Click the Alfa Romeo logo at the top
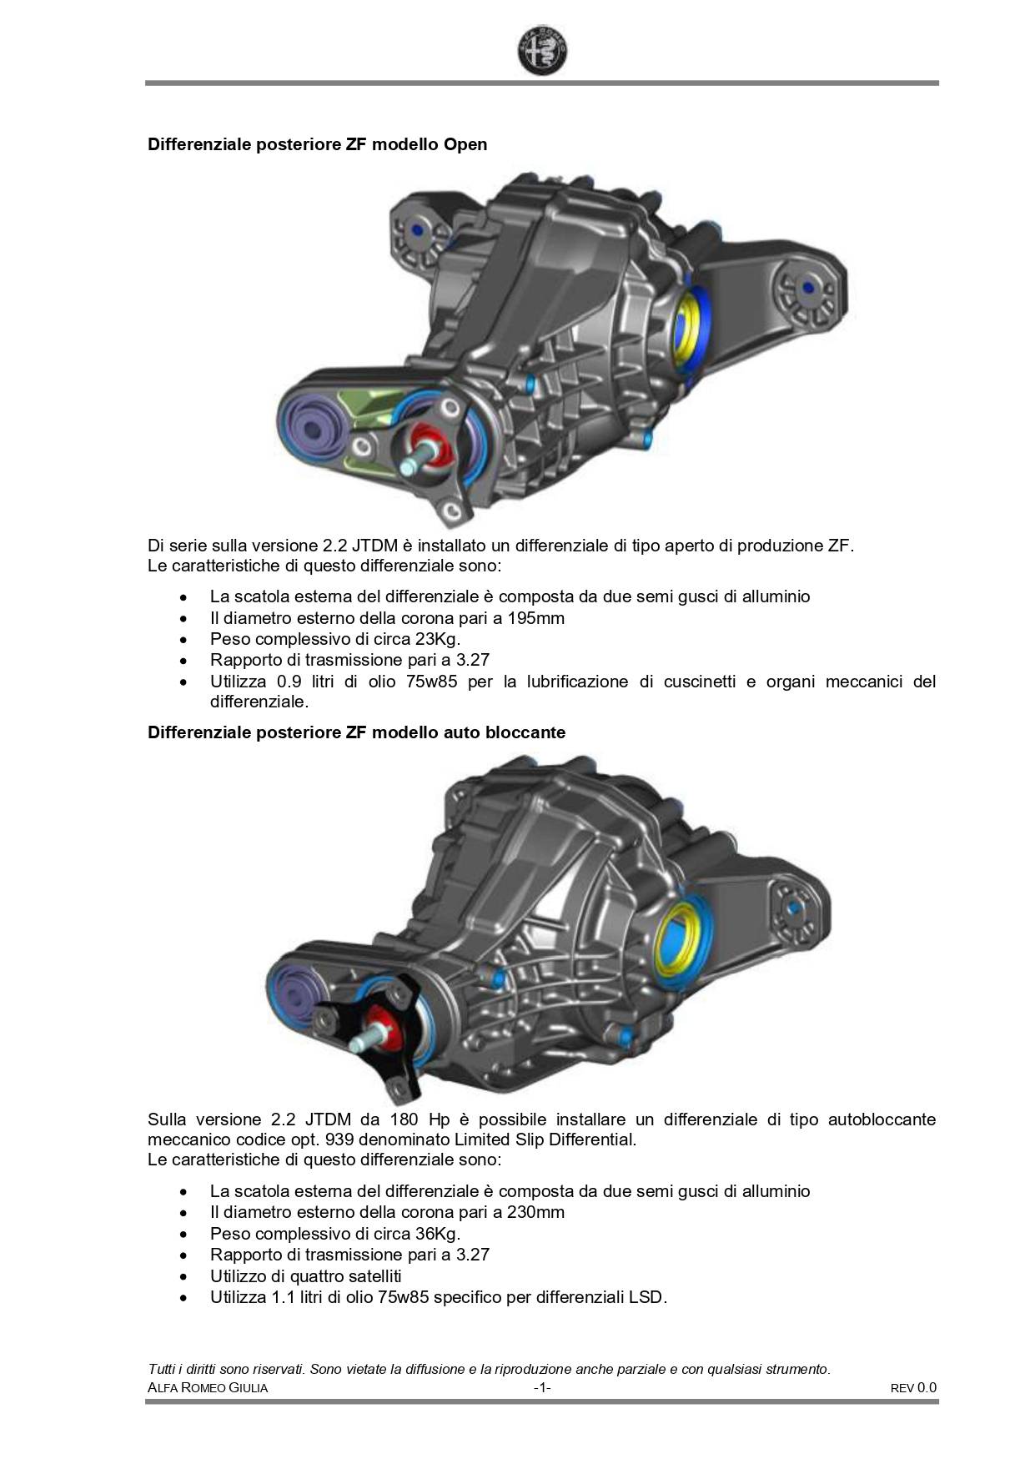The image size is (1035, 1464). pyautogui.click(x=542, y=51)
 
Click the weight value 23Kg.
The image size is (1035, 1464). pyautogui.click(x=438, y=640)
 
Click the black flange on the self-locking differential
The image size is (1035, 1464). pyautogui.click(x=384, y=1034)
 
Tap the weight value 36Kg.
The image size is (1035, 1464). pyautogui.click(x=438, y=1234)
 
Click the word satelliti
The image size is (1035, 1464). pyautogui.click(x=359, y=1276)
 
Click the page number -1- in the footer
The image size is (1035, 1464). pyautogui.click(x=542, y=1388)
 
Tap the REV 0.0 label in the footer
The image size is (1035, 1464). pyautogui.click(x=913, y=1388)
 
